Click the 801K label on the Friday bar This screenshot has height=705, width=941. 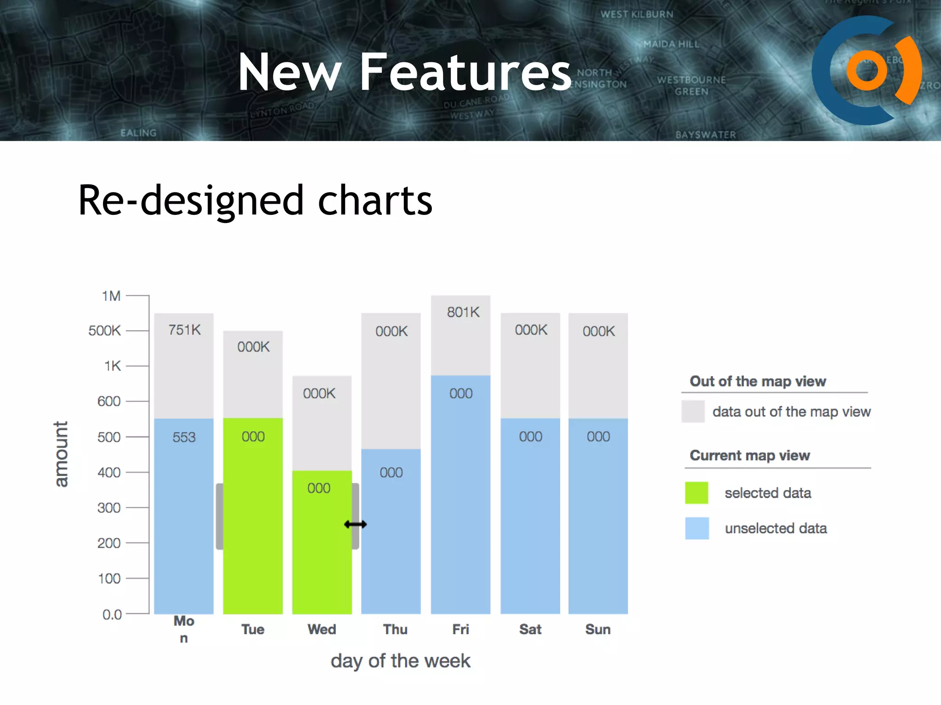click(x=463, y=313)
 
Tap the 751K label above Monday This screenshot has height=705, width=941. click(x=184, y=330)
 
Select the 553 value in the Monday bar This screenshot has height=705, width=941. click(x=184, y=437)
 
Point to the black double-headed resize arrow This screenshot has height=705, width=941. click(x=355, y=524)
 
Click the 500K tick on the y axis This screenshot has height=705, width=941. click(x=105, y=330)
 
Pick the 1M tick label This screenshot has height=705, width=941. click(x=111, y=296)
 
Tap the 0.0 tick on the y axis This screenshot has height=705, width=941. click(x=112, y=614)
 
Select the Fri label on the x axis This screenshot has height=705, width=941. click(x=460, y=629)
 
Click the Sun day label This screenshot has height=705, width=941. click(x=598, y=629)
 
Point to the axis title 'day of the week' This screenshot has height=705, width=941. click(x=400, y=661)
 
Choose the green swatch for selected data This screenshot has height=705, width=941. click(x=696, y=493)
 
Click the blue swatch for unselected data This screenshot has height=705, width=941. click(x=697, y=528)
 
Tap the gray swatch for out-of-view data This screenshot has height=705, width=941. click(x=693, y=411)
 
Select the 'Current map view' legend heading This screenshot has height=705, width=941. click(x=749, y=455)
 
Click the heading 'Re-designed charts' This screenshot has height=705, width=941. click(x=255, y=200)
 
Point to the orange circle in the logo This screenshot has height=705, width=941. click(x=866, y=70)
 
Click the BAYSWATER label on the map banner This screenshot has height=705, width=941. click(x=705, y=134)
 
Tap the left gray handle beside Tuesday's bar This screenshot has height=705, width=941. click(x=220, y=516)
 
